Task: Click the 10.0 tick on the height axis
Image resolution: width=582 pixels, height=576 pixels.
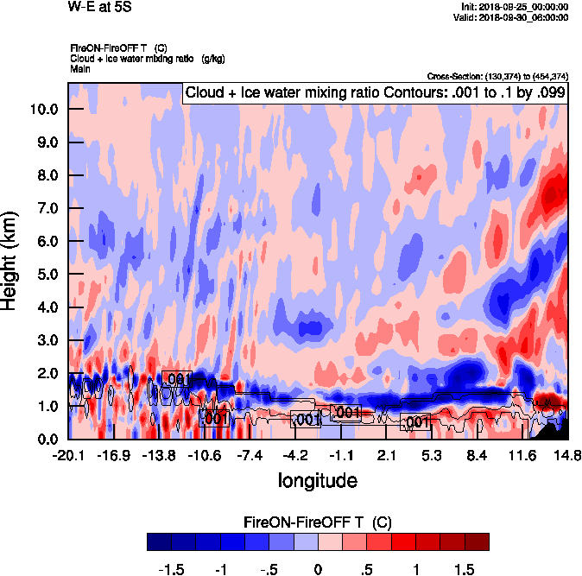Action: tap(45, 110)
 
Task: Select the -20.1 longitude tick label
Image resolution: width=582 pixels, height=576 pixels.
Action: tap(67, 455)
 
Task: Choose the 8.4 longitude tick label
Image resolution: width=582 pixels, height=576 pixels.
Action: tap(476, 455)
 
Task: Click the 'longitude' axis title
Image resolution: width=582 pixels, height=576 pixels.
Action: tap(317, 480)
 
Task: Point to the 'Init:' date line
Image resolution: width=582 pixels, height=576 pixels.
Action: tap(516, 6)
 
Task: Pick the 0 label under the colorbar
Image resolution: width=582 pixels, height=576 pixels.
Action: tap(318, 570)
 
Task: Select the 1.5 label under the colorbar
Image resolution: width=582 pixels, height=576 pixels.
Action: tap(465, 570)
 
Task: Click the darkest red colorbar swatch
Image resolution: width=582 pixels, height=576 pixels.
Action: tap(477, 541)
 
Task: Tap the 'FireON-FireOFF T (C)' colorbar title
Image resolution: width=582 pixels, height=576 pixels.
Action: tap(318, 522)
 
